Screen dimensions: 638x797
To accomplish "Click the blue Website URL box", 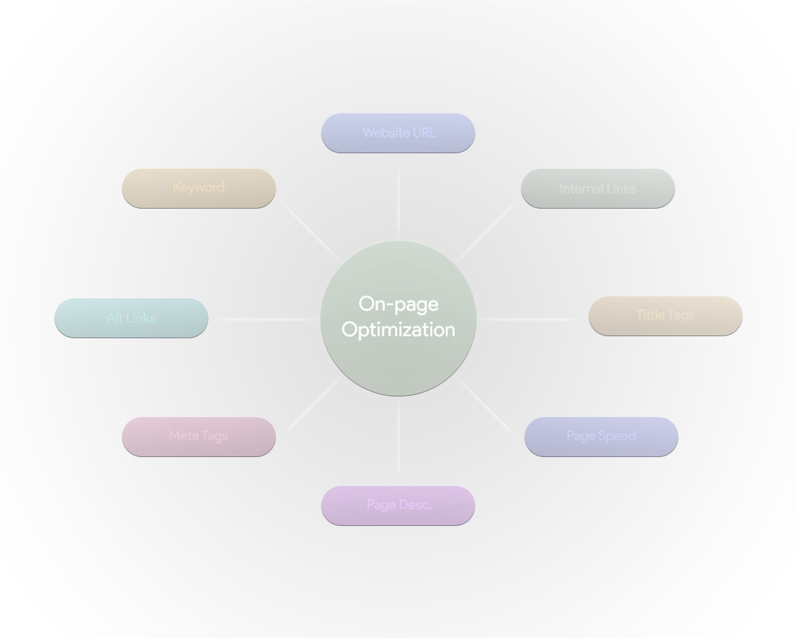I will click(398, 133).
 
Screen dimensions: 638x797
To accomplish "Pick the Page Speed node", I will click(601, 436).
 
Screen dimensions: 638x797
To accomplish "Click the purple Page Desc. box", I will click(398, 505).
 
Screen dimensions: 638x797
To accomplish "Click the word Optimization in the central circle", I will click(398, 330).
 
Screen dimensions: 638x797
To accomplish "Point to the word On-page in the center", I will click(398, 304).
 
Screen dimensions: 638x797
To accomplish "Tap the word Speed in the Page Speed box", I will click(617, 436).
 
